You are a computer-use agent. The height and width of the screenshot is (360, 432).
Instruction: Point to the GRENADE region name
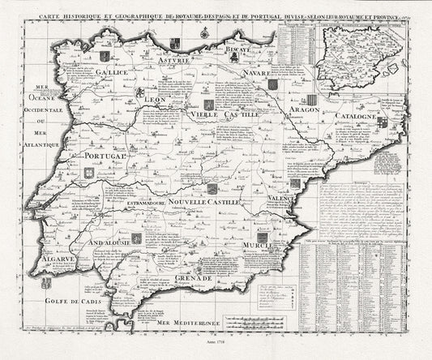coord(193,277)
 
